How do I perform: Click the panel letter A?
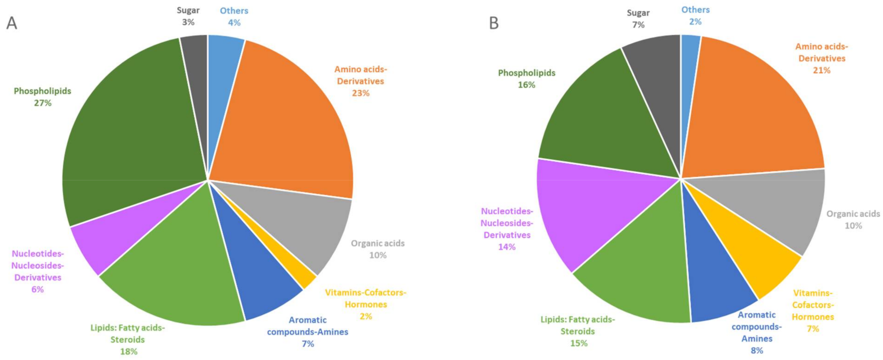(12, 23)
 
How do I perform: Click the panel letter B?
(494, 23)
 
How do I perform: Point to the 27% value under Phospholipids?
(43, 103)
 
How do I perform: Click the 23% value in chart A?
(360, 93)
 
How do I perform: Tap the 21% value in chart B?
(821, 70)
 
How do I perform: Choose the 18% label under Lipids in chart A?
(129, 352)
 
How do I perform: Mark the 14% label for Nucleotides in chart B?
(506, 247)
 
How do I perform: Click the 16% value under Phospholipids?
(526, 85)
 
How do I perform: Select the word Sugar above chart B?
(638, 13)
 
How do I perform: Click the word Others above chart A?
(234, 11)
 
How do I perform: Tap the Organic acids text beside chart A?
(377, 243)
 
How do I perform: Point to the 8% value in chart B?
(757, 351)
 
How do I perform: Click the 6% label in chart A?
(37, 290)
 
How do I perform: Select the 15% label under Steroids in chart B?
(579, 343)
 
